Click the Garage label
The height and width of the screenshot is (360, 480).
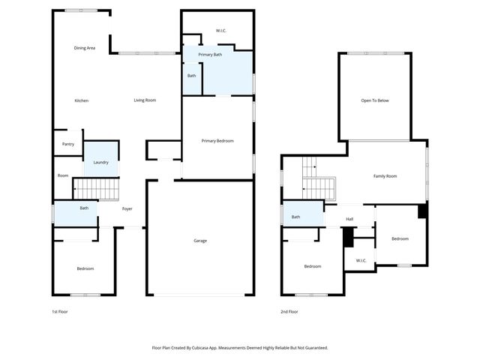(x=200, y=240)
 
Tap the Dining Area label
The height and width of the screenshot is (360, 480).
(x=84, y=48)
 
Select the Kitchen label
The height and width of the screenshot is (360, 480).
(x=81, y=100)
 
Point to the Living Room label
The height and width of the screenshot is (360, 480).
(x=145, y=100)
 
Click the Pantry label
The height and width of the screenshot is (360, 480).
(x=67, y=144)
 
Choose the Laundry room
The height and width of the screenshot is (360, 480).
(x=100, y=162)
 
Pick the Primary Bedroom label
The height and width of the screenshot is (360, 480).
(x=217, y=140)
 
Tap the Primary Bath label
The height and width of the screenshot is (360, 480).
(x=210, y=55)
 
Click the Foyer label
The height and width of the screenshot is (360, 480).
(x=127, y=208)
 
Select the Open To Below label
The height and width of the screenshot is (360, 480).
(x=375, y=100)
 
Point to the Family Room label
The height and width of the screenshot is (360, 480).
(x=385, y=175)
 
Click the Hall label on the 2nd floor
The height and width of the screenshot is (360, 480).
(x=349, y=220)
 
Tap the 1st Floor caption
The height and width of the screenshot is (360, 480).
(x=59, y=311)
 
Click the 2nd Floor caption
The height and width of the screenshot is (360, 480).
(x=289, y=311)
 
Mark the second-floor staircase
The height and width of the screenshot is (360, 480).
(x=319, y=187)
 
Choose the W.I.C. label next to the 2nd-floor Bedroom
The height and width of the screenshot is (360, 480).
(x=360, y=261)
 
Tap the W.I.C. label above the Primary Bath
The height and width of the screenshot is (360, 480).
(x=221, y=31)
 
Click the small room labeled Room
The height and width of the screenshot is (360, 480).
(x=63, y=175)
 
